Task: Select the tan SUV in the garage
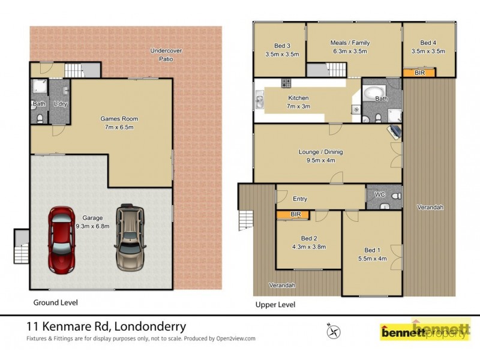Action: click(131, 235)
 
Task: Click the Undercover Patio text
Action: click(166, 55)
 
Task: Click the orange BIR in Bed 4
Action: click(419, 73)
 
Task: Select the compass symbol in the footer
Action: click(334, 330)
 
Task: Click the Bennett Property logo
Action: click(425, 331)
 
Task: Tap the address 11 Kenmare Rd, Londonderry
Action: click(106, 327)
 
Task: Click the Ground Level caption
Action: click(55, 302)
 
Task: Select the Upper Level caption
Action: click(275, 304)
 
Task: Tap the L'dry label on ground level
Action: click(59, 104)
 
